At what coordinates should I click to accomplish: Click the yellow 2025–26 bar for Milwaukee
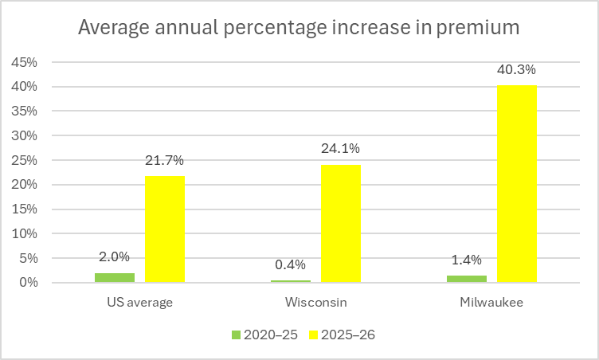[x=517, y=184]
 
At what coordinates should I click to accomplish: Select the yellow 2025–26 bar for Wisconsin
[x=341, y=224]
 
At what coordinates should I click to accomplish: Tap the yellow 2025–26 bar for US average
[x=165, y=229]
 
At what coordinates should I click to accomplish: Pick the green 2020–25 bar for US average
[x=115, y=278]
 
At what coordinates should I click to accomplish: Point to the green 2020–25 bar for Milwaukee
[x=467, y=279]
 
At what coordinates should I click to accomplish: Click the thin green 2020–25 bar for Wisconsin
[x=291, y=281]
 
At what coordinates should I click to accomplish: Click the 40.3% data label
[x=516, y=69]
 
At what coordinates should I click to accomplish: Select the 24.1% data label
[x=340, y=148]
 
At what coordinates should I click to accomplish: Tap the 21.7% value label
[x=164, y=161]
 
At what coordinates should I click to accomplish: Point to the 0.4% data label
[x=290, y=264]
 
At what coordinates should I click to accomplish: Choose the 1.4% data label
[x=467, y=260]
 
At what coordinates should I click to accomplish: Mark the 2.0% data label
[x=114, y=256]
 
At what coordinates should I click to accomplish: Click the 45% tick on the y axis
[x=25, y=62]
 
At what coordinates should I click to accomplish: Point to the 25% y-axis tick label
[x=25, y=161]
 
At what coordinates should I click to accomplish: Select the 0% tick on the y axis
[x=28, y=283]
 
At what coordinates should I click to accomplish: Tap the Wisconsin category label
[x=316, y=303]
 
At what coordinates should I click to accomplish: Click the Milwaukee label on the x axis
[x=491, y=303]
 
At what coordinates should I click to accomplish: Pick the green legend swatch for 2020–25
[x=236, y=335]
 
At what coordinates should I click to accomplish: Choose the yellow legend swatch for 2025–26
[x=313, y=335]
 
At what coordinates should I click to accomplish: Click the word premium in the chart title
[x=478, y=28]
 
